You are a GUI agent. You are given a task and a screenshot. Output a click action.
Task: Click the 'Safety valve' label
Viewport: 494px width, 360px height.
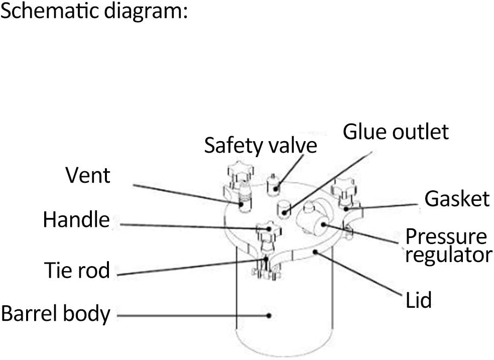coord(261,146)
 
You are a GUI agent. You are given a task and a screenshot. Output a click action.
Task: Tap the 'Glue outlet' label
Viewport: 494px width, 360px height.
coord(395,132)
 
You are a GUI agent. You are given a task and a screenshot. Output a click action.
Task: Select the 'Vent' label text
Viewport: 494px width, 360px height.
coord(88,176)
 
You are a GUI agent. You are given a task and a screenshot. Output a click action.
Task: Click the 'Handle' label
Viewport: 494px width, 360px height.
coord(76,220)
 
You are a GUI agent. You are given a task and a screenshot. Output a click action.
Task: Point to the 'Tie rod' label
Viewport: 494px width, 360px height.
coord(76,270)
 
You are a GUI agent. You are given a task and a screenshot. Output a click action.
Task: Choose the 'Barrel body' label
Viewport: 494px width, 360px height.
coord(55,314)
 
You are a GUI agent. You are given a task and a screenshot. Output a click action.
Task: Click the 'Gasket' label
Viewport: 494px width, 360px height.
coord(457,199)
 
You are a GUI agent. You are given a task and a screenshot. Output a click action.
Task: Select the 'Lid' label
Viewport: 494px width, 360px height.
coord(418,300)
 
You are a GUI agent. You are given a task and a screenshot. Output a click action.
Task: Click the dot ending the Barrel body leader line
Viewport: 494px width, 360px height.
coord(269,316)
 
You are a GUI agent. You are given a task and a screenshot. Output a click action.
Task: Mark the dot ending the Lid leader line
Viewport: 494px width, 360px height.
coord(314,251)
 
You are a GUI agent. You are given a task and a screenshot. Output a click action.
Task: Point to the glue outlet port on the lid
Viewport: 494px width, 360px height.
coord(285,207)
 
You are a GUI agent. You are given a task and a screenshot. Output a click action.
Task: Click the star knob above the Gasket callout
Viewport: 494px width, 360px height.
coord(344,189)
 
